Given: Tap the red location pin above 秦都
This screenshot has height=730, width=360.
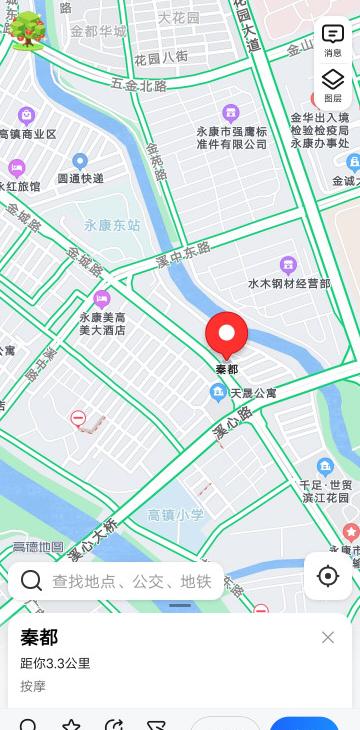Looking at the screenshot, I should (227, 334).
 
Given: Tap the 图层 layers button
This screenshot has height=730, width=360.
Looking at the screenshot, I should (333, 85).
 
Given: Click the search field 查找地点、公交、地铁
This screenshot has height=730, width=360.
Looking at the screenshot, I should (130, 581).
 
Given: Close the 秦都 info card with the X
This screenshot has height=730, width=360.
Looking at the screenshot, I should (328, 638).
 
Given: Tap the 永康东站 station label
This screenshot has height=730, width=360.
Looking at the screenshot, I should (112, 225).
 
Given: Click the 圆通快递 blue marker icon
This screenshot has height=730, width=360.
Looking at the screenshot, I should (80, 161).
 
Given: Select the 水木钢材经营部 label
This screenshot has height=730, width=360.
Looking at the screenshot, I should (289, 283).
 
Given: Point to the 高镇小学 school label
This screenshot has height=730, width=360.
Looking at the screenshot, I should (175, 515).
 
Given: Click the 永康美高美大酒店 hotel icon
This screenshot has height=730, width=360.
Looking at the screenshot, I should (101, 298).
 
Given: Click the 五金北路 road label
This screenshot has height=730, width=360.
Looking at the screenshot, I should (139, 86).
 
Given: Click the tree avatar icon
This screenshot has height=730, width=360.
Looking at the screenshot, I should (27, 30).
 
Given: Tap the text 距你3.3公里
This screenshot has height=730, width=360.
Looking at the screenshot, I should (55, 663).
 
